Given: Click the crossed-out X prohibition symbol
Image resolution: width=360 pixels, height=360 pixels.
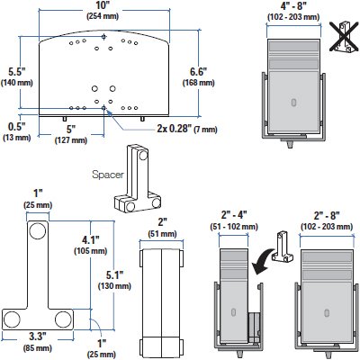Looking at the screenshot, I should click(x=340, y=36).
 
